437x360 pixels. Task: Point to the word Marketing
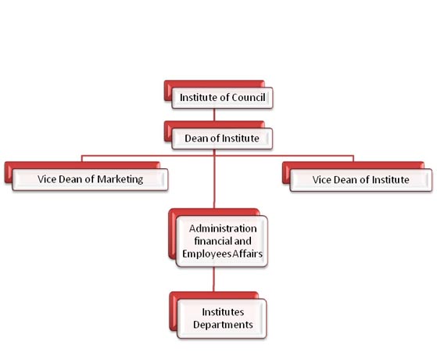coord(120,179)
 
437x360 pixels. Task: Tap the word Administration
coord(223,229)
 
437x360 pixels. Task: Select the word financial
coord(213,241)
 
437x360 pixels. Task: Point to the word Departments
coord(223,325)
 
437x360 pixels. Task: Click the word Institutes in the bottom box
coord(223,312)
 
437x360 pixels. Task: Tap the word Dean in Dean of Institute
coord(196,139)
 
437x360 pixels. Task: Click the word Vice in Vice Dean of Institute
coord(321,180)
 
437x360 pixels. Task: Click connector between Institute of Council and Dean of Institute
coord(214,115)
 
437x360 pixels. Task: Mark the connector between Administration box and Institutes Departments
coord(213,279)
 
